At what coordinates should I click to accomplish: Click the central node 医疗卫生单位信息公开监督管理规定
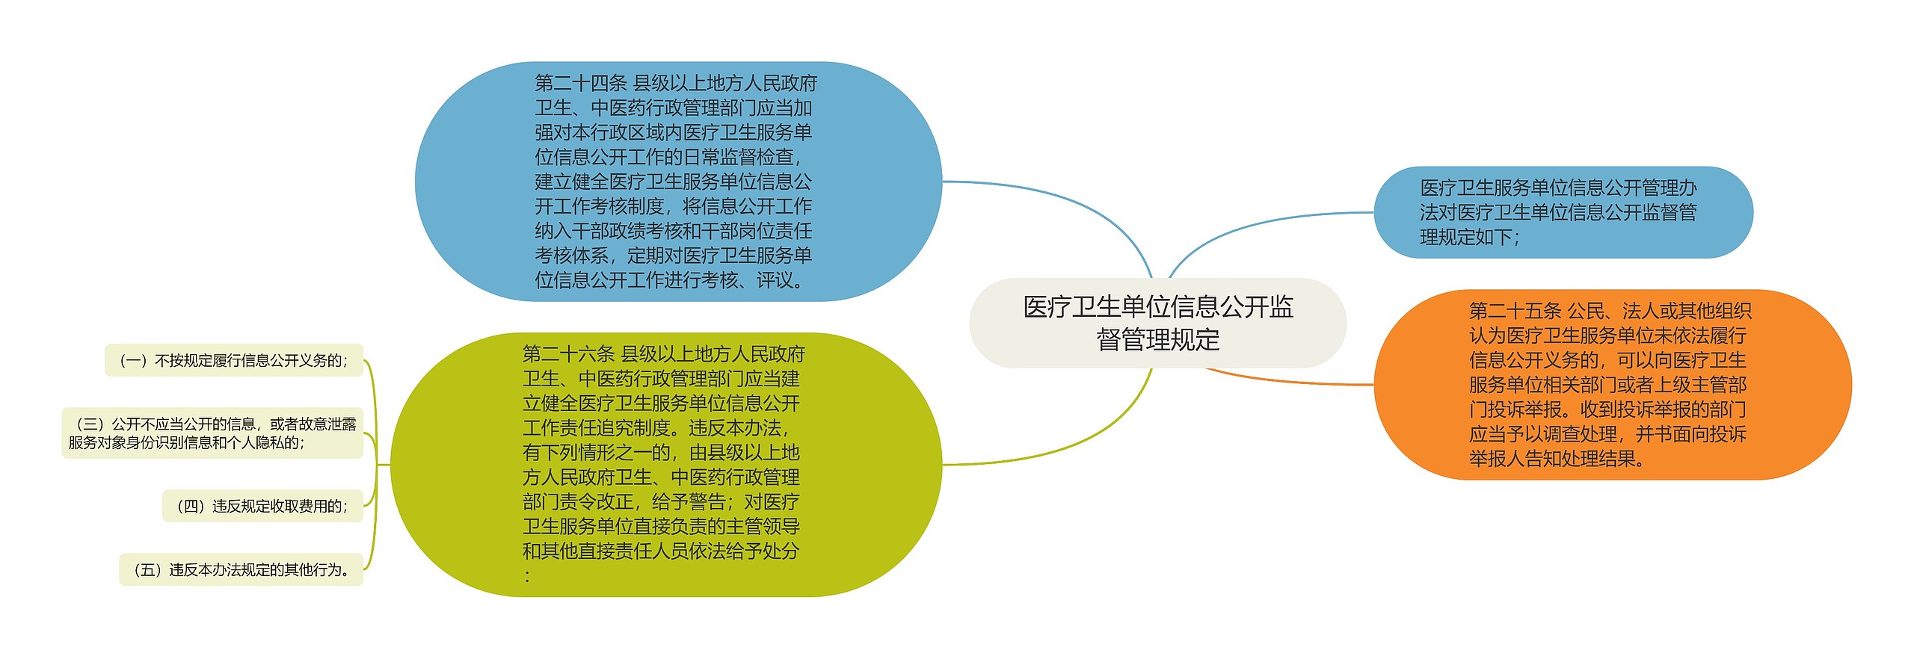1157,323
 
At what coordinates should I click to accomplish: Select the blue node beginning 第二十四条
677,182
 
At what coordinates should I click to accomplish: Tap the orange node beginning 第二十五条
1612,384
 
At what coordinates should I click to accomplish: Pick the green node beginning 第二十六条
665,464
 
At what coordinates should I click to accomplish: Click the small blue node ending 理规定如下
1563,212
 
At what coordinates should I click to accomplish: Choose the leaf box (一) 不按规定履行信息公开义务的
234,360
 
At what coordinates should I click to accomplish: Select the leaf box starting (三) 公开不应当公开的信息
212,433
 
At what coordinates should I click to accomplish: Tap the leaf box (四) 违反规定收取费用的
262,506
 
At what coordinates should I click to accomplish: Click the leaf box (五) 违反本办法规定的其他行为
241,569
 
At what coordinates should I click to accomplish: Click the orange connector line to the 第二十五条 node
1286,382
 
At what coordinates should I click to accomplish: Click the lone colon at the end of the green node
528,576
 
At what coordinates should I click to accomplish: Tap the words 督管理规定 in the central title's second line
1157,340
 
